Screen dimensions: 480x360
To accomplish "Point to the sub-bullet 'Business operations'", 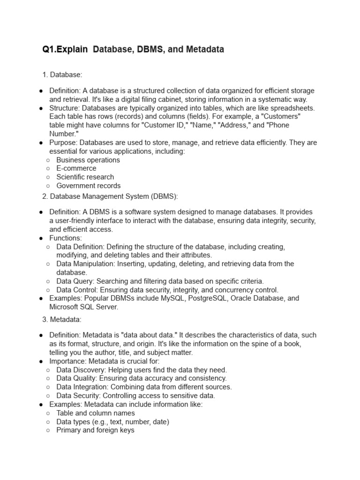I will (x=88, y=160).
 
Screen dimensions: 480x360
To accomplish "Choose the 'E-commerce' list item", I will (x=76, y=168).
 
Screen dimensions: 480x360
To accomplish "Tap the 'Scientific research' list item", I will (x=85, y=177).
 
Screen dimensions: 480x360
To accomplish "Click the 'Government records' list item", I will (x=88, y=186).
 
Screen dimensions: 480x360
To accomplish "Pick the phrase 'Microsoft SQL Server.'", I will (x=84, y=307).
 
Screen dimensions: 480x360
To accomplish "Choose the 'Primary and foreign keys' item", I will (x=95, y=430).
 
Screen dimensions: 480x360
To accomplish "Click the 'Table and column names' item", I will (x=96, y=413).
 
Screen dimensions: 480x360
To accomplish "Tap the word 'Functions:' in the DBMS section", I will (x=66, y=238).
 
